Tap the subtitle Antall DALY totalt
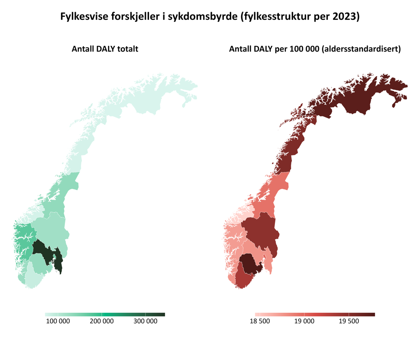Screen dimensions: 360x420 coord(105,49)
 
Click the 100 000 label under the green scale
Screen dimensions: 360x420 coord(58,321)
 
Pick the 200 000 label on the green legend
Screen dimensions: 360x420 coord(102,321)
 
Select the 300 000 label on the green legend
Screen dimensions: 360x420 coord(145,321)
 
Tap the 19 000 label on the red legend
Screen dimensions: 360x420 coord(304,321)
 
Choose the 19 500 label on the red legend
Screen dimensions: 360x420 coord(349,321)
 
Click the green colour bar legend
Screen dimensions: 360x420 coord(105,315)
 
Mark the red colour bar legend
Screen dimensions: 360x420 coord(314,315)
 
